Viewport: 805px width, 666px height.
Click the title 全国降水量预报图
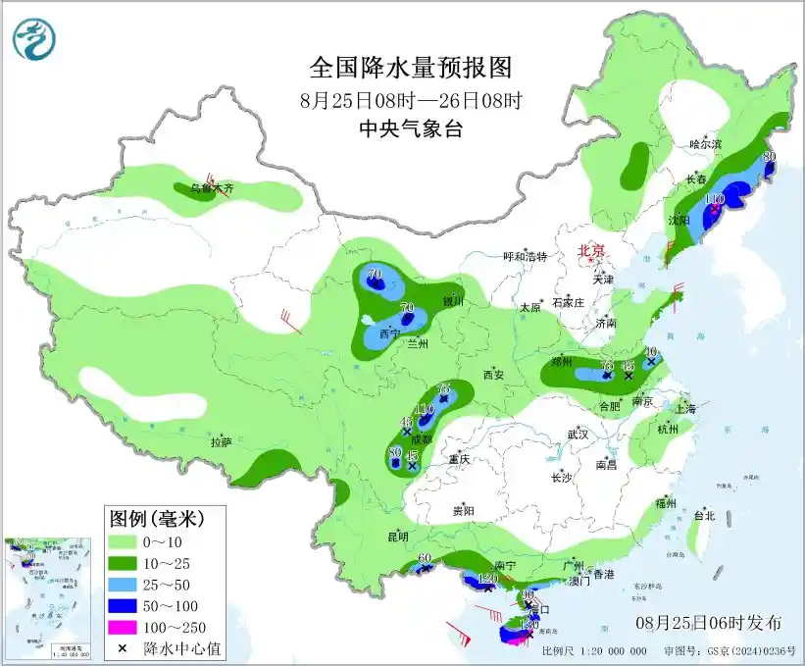(411, 68)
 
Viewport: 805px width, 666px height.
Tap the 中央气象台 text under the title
(411, 129)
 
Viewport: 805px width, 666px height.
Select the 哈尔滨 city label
(705, 144)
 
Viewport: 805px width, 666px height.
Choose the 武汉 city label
(577, 434)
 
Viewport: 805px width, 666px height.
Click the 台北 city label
(703, 515)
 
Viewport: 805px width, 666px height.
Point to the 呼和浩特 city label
(525, 256)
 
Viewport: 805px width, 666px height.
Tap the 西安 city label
(492, 375)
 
